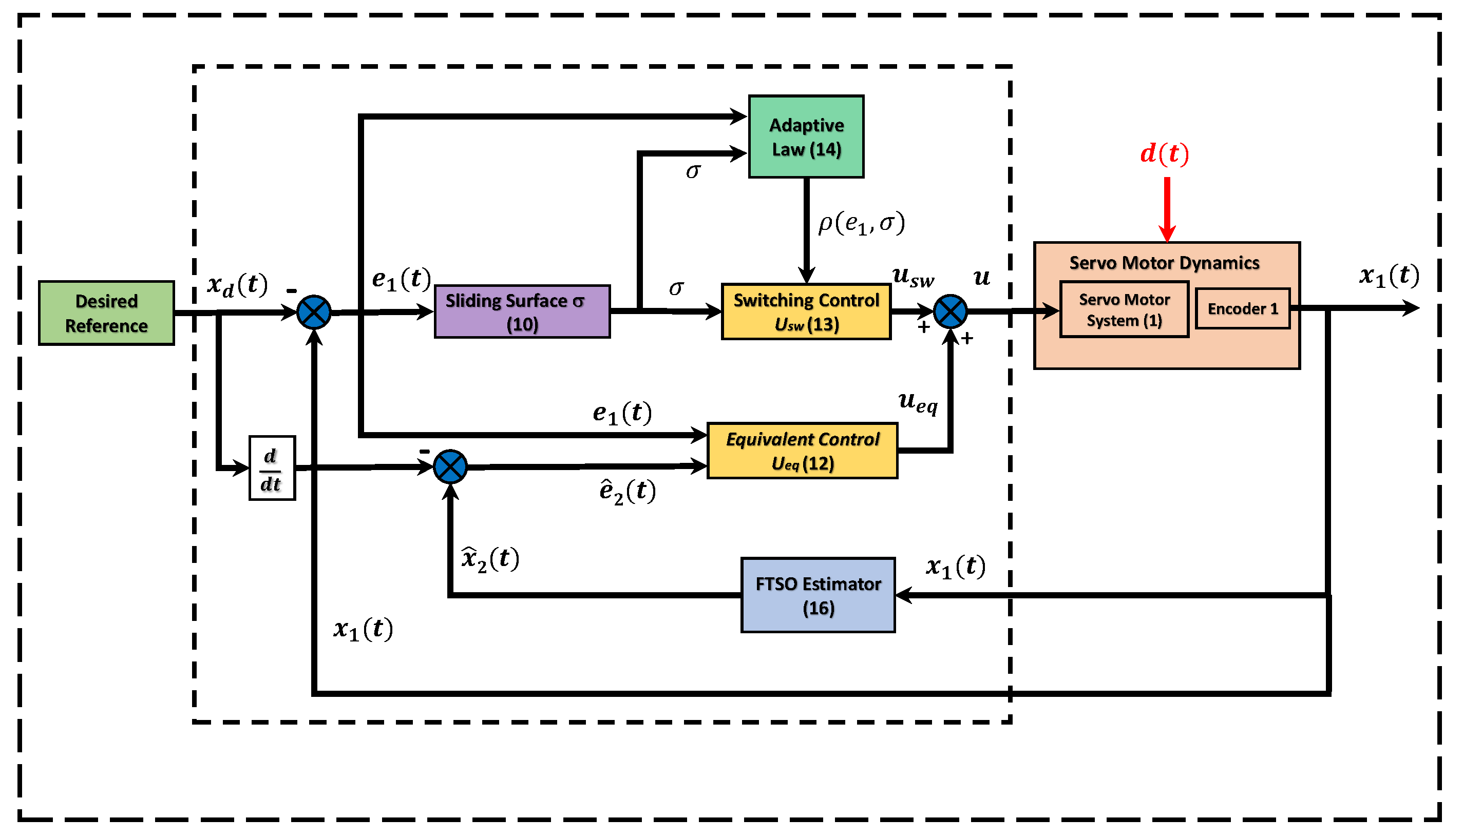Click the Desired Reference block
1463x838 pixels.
106,314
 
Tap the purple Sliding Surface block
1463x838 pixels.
523,311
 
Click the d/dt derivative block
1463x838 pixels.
272,469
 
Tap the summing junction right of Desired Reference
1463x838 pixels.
314,313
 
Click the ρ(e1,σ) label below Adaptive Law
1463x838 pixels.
862,223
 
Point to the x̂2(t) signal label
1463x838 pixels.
491,559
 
